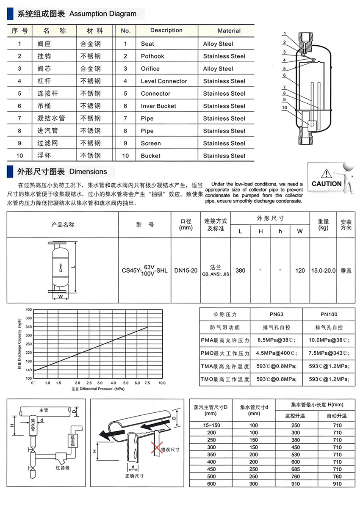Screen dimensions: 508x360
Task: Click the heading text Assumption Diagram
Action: (102, 14)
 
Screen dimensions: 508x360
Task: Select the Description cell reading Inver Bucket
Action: (158, 106)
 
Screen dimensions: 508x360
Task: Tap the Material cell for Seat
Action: (218, 44)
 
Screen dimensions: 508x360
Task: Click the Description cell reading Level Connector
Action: (164, 81)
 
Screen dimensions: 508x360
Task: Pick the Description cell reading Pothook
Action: (152, 56)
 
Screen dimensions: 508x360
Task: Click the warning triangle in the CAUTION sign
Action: (325, 173)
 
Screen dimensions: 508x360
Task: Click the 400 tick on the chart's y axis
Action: (28, 309)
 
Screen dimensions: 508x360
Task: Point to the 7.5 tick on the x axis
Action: (147, 382)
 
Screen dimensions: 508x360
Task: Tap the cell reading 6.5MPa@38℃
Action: (276, 340)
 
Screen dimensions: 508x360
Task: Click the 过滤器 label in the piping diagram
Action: (62, 468)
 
